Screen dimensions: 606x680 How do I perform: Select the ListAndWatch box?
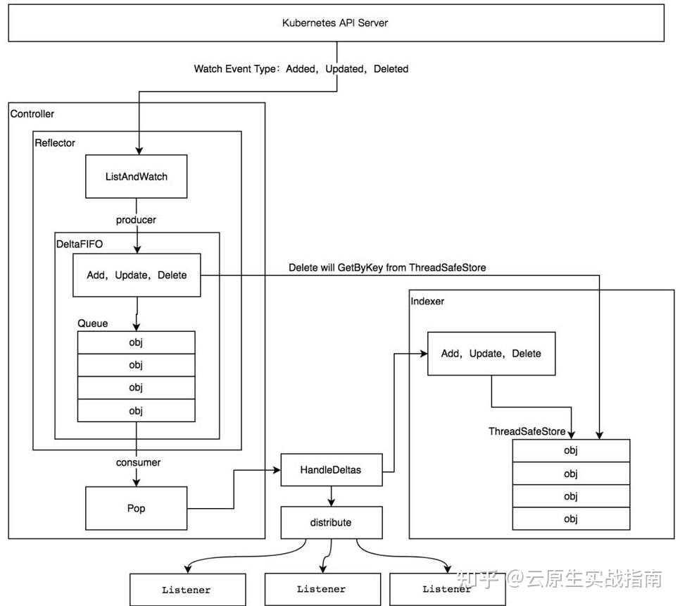point(137,176)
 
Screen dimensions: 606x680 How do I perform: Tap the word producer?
point(136,220)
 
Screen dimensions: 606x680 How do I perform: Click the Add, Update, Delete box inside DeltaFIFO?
point(137,275)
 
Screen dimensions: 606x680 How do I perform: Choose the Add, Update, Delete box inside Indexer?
point(491,353)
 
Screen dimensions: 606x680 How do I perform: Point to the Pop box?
point(137,507)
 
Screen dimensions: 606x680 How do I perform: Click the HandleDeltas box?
point(331,469)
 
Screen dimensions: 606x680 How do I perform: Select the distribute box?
point(331,523)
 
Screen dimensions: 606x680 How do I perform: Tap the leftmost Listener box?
point(187,590)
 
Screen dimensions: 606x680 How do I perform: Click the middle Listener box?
point(321,589)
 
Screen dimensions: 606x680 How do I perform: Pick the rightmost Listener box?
point(447,589)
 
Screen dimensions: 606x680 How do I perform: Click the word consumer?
point(138,462)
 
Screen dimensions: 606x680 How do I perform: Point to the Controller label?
point(32,113)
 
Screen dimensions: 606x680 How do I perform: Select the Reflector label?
point(55,142)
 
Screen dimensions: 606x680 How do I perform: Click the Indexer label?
point(427,301)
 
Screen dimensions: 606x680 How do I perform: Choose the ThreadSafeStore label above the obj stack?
point(527,431)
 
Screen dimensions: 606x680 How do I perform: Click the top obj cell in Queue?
point(136,342)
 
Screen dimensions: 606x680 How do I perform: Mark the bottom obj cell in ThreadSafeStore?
point(570,519)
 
